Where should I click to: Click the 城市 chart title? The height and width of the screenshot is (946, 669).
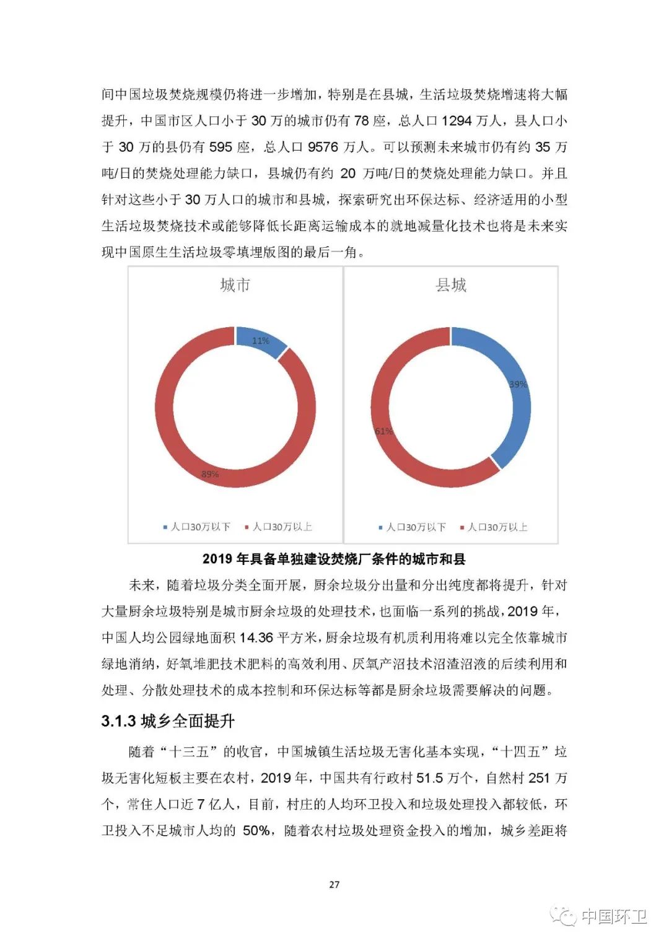(235, 285)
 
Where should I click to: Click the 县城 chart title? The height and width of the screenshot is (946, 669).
(450, 285)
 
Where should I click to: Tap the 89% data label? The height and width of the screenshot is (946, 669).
(210, 474)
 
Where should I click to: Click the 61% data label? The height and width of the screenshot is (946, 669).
(383, 431)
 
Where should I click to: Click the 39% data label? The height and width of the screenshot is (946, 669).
(518, 384)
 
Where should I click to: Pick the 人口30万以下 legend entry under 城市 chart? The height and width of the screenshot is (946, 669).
(197, 527)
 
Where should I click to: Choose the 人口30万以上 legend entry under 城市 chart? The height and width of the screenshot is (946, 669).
(279, 527)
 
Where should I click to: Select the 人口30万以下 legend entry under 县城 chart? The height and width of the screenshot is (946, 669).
(413, 527)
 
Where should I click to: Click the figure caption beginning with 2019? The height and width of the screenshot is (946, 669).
(334, 559)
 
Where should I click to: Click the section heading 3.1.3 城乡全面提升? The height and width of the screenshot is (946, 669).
(168, 721)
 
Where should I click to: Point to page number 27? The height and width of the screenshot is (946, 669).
(334, 884)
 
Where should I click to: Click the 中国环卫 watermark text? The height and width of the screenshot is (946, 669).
(614, 916)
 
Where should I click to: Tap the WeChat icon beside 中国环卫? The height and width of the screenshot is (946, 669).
(564, 916)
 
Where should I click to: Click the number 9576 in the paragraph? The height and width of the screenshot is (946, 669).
(323, 147)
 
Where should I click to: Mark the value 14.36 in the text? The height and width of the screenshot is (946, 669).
(256, 637)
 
